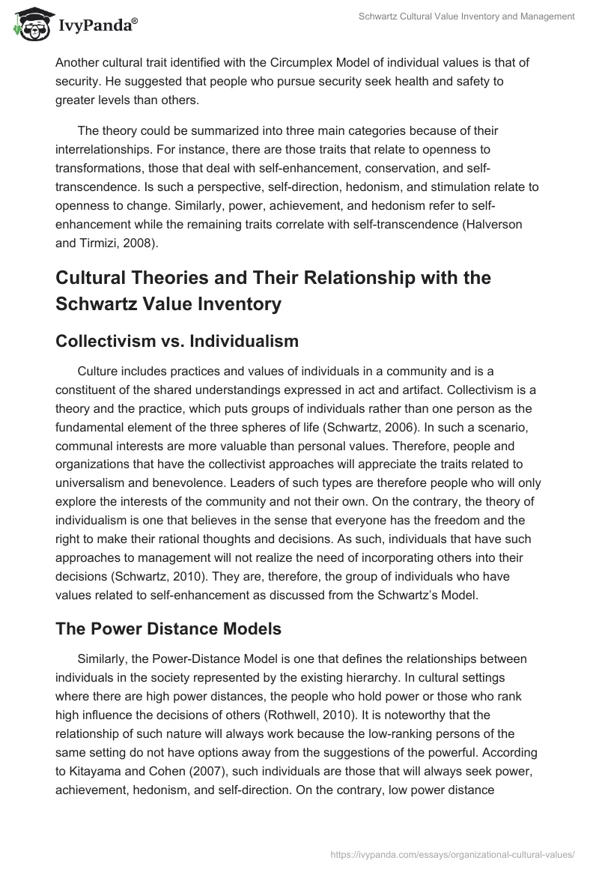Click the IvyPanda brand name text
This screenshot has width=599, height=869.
pyautogui.click(x=97, y=27)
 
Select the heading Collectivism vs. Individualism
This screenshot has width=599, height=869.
pyautogui.click(x=177, y=342)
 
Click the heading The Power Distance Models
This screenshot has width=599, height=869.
pyautogui.click(x=168, y=629)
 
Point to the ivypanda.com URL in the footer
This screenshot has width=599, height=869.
pyautogui.click(x=452, y=853)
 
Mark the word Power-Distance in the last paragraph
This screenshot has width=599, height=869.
pyautogui.click(x=195, y=660)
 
